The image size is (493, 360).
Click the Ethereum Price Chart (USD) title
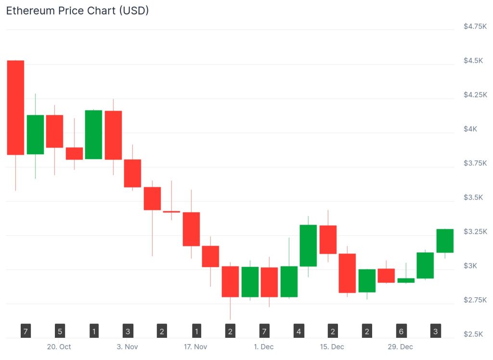(x=77, y=11)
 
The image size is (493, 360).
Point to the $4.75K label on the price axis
(x=475, y=27)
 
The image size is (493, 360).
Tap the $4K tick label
(x=470, y=129)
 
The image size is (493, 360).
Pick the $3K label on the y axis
(x=470, y=266)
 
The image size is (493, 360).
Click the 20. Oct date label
(x=59, y=347)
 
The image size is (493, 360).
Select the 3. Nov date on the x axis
(x=128, y=347)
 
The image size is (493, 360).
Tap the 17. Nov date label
(x=195, y=347)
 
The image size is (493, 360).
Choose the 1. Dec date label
(x=264, y=347)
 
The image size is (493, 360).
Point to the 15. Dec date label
(x=332, y=347)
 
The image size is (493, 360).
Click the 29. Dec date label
(x=401, y=347)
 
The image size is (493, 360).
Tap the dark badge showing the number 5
(x=60, y=331)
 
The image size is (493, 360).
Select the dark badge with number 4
(x=299, y=331)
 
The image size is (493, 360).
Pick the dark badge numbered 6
(x=401, y=331)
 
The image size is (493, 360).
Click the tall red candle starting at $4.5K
(x=15, y=107)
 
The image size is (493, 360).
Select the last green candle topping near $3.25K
(x=445, y=240)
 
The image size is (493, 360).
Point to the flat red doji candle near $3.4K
(x=171, y=212)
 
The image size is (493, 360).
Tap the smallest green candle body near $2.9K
(x=406, y=280)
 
